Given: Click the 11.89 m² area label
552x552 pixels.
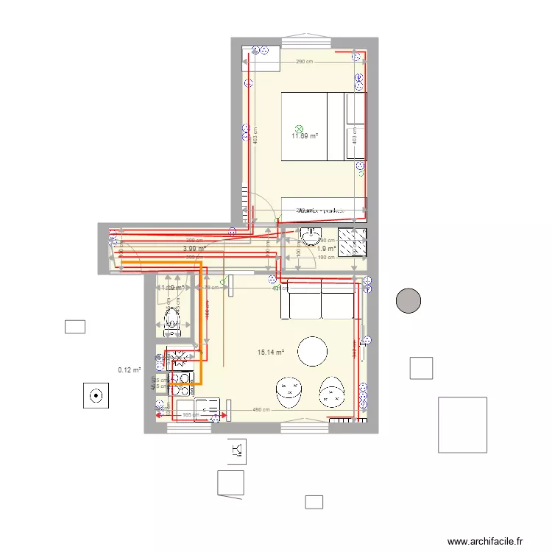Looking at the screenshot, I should pyautogui.click(x=305, y=136).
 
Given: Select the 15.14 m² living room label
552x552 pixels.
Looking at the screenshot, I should pyautogui.click(x=271, y=353).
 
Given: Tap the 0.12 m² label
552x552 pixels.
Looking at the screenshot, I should pyautogui.click(x=129, y=370).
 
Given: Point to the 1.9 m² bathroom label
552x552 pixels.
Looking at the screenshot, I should pyautogui.click(x=326, y=249).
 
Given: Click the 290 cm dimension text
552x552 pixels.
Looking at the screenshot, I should pyautogui.click(x=305, y=62).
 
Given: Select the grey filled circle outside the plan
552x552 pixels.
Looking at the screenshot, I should pyautogui.click(x=408, y=300).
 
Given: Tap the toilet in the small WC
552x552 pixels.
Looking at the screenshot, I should pyautogui.click(x=171, y=318).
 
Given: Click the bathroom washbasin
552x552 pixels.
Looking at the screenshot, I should pyautogui.click(x=311, y=237).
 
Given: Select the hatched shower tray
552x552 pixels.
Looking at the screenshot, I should pyautogui.click(x=352, y=241).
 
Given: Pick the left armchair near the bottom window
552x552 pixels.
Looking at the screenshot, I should pyautogui.click(x=289, y=392).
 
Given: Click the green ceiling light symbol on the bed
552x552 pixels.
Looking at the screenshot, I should pyautogui.click(x=298, y=127).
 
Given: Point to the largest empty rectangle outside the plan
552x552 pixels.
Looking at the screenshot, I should pyautogui.click(x=462, y=424).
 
